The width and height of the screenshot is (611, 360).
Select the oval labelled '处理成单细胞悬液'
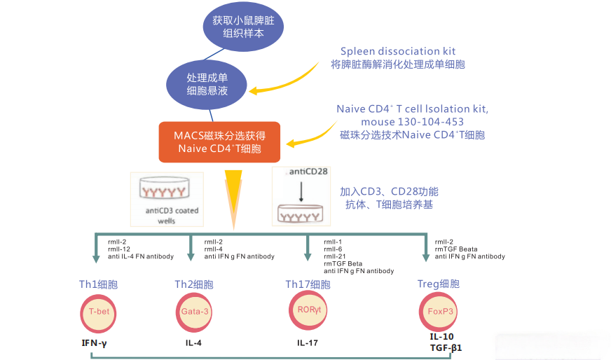(x=207, y=83)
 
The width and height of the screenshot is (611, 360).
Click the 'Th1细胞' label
(x=98, y=284)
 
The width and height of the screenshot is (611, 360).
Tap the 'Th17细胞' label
(x=308, y=284)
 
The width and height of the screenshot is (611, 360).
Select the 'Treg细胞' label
(x=439, y=284)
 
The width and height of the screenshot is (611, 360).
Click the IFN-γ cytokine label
(x=97, y=343)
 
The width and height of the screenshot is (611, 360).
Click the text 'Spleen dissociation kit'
(x=398, y=51)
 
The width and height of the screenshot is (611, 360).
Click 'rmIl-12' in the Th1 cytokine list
(x=118, y=249)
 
